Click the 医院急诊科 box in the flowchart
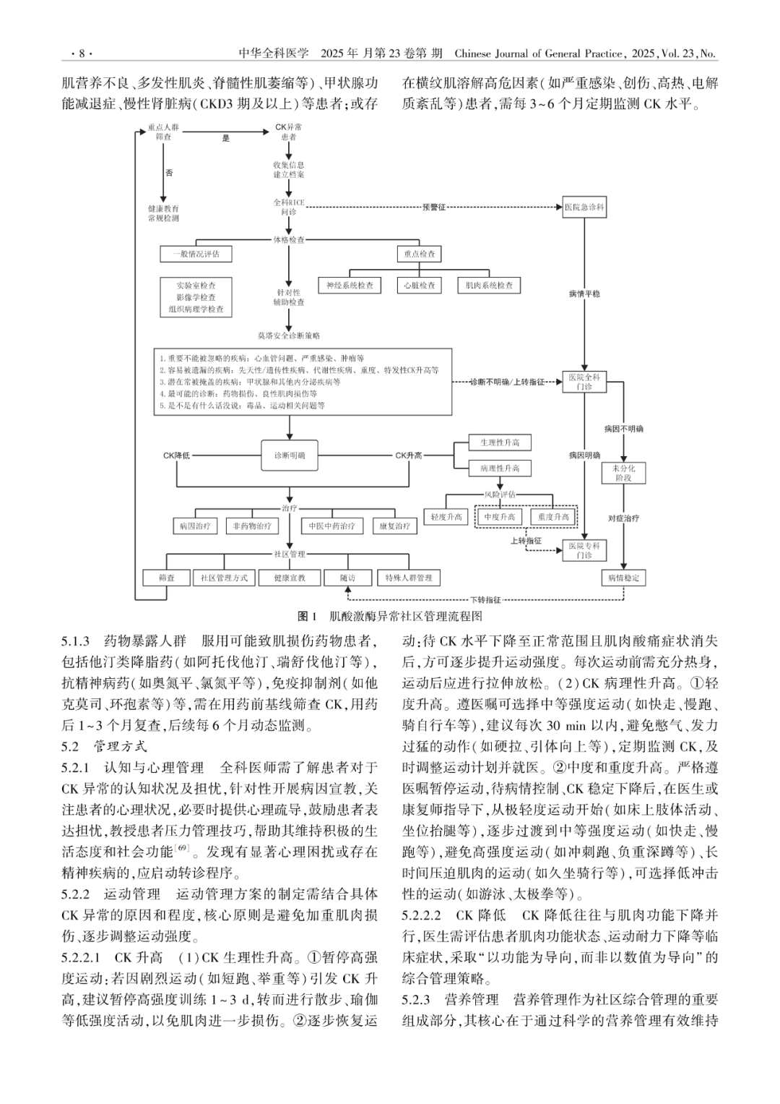(x=584, y=207)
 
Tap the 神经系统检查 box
(x=350, y=286)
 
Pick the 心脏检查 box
(x=420, y=286)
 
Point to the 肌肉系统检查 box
(x=489, y=286)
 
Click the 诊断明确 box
(x=289, y=455)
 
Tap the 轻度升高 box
(x=446, y=517)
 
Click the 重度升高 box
(x=553, y=517)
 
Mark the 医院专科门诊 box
(x=584, y=550)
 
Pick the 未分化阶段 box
(x=623, y=474)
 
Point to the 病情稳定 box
(x=623, y=578)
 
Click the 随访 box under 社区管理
(x=348, y=578)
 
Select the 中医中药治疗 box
(x=332, y=526)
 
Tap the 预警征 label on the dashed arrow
(x=434, y=207)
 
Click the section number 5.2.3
(x=416, y=1000)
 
